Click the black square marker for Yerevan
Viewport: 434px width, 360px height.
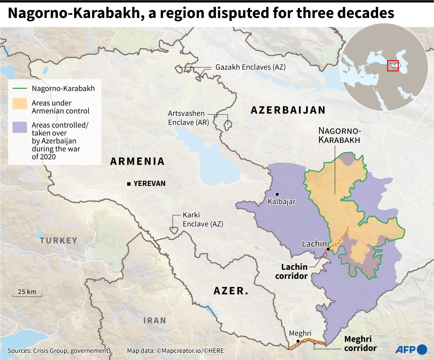129,184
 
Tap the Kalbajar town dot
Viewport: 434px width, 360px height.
277,194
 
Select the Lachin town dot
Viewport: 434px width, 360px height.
328,249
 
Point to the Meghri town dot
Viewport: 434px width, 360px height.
298,341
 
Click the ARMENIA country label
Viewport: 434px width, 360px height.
137,161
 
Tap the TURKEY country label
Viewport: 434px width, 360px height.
58,241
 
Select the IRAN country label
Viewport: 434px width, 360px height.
155,320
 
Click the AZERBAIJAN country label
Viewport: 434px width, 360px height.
288,110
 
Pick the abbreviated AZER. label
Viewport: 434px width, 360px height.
231,291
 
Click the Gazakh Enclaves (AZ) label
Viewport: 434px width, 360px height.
250,67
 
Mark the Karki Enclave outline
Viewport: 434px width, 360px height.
173,230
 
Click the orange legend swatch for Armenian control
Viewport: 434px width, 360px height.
20,104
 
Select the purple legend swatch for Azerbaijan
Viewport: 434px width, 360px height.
20,127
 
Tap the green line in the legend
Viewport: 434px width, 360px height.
20,89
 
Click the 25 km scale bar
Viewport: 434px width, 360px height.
27,295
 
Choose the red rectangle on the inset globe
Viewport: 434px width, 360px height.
393,66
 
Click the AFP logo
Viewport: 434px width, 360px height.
411,350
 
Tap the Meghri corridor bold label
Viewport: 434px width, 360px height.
360,343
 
